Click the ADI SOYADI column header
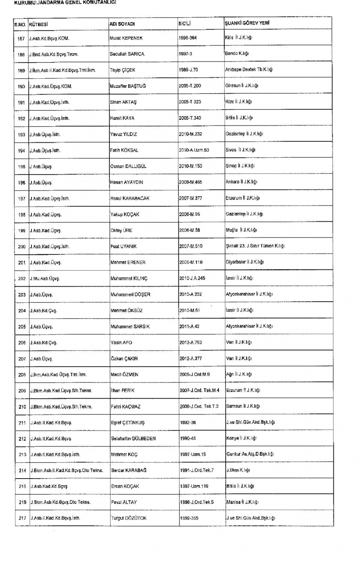pos(122,24)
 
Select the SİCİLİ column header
pos(184,24)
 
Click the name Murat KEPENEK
pos(126,38)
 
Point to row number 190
pos(21,87)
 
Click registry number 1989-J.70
pos(188,70)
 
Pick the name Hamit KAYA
pos(122,118)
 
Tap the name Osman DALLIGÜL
pos(128,166)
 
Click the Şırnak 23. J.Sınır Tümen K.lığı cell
pos(255,246)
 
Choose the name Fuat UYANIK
pos(123,247)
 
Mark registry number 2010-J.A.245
pos(192,278)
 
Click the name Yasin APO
pos(121,343)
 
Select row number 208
pos(22,375)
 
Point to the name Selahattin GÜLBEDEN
pos(133,438)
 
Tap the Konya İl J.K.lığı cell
pos(241,438)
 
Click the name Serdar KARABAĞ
pos(129,470)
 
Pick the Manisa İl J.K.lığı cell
pos(242,502)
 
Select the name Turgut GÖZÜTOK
pos(129,518)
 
